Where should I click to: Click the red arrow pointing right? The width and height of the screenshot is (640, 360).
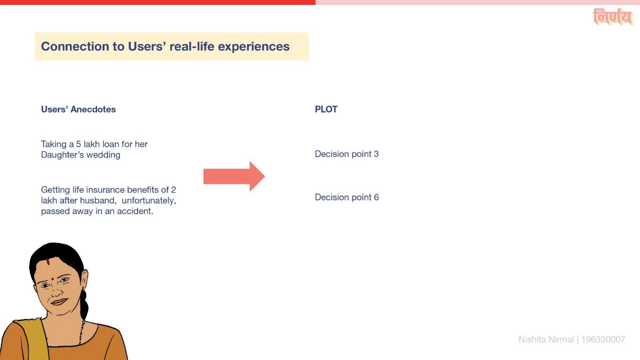[234, 176]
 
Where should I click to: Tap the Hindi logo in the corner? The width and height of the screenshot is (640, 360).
[613, 16]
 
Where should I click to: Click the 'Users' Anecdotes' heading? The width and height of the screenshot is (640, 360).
[78, 109]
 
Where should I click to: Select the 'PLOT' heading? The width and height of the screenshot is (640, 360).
[326, 109]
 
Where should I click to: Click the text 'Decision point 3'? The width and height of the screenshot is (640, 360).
[347, 154]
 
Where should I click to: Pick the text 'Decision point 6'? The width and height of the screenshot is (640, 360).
[347, 197]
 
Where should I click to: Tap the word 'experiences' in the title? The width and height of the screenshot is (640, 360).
[254, 47]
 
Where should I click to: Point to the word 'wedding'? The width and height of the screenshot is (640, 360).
[103, 155]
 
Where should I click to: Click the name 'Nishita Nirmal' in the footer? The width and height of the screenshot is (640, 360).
[546, 339]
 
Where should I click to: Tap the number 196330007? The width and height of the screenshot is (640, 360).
[603, 339]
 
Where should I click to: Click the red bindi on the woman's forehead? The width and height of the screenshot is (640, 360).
[52, 279]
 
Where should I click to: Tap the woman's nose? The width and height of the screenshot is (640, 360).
[57, 291]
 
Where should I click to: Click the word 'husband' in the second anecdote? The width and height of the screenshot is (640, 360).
[98, 201]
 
